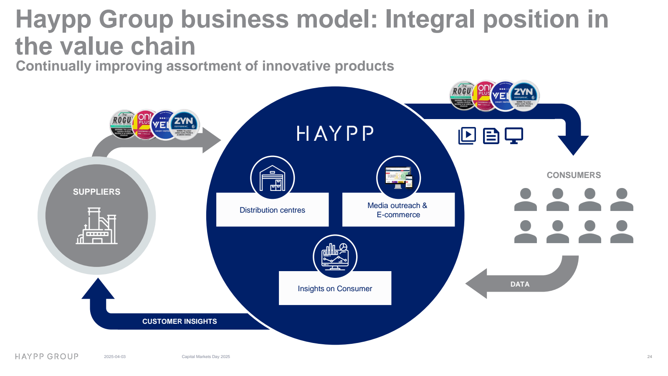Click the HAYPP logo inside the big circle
coord(335,134)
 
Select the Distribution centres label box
coord(272,210)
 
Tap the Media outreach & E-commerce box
coord(398,210)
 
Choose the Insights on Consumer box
coord(335,288)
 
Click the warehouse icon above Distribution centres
coord(272,178)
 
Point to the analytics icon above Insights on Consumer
coord(335,256)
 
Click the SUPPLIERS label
coord(96,192)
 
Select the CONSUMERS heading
coord(574,175)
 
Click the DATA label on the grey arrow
coord(520,284)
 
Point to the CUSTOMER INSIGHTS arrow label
coord(180,321)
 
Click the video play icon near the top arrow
coord(467,136)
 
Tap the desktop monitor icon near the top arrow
coord(514,136)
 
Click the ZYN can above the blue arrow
coord(524,96)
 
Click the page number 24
coord(649,357)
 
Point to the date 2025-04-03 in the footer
coord(114,357)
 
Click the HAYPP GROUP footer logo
coord(47,356)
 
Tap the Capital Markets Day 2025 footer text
coord(206,357)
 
